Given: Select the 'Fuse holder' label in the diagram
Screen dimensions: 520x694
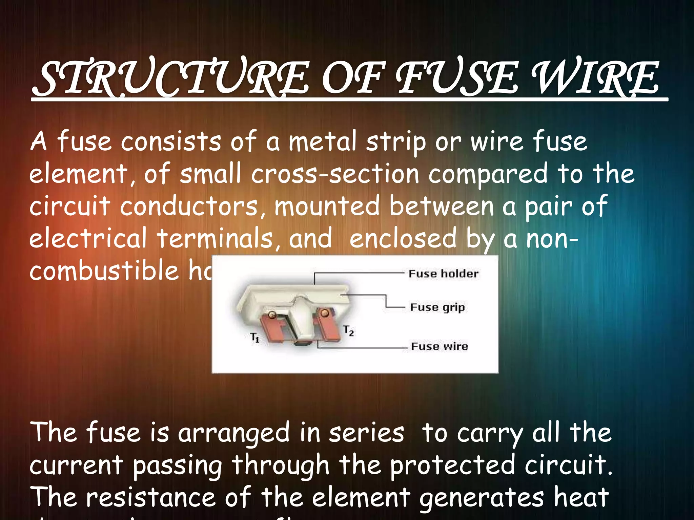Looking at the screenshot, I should click(x=443, y=274).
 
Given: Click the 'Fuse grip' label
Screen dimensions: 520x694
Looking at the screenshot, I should click(x=437, y=307).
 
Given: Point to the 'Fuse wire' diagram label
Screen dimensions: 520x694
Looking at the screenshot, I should click(x=440, y=346).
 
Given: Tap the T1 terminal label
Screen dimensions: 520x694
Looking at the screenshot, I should click(x=255, y=337).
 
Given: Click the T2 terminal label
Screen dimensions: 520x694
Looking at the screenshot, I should click(x=348, y=330).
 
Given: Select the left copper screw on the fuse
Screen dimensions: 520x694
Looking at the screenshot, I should click(x=272, y=315).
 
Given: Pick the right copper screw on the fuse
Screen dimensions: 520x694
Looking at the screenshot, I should click(x=325, y=313).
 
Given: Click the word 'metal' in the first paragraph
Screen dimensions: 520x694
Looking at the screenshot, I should click(x=322, y=142).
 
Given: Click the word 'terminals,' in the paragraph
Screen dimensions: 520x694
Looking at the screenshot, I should click(x=219, y=238).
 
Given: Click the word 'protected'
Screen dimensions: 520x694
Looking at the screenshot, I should click(x=453, y=465).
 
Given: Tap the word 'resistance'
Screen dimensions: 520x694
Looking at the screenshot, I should click(x=151, y=497).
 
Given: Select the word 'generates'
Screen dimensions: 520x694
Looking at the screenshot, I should click(x=482, y=497).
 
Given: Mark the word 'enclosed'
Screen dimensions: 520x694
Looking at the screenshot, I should click(x=403, y=238).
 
